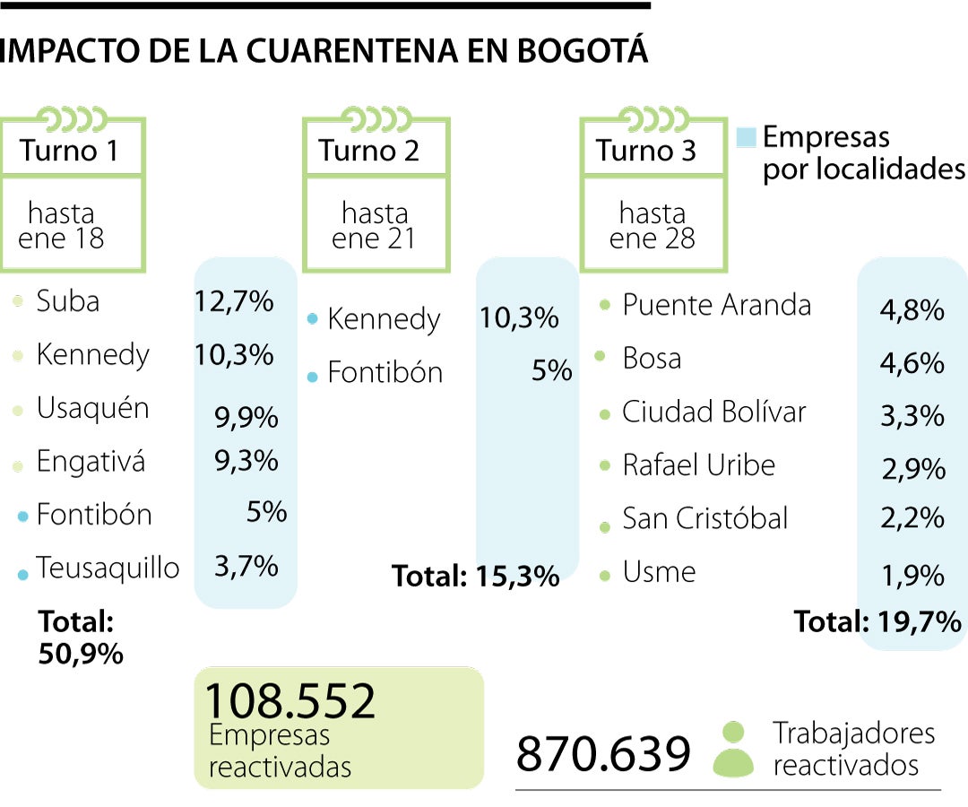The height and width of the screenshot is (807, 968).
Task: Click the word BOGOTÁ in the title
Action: [x=583, y=51]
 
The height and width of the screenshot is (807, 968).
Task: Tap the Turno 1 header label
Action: [x=69, y=150]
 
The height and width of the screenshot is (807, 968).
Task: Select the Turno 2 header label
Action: [x=369, y=150]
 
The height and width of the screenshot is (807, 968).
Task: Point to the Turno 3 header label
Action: [x=646, y=150]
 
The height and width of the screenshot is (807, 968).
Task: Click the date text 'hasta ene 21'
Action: [x=375, y=226]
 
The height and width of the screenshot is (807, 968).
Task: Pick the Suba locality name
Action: [x=68, y=301]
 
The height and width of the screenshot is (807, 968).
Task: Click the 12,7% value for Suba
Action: [x=234, y=301]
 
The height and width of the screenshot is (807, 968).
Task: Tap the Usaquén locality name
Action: [x=92, y=409]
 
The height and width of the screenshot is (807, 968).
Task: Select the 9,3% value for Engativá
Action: [x=246, y=462]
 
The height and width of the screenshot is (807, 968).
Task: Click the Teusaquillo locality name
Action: [x=108, y=568]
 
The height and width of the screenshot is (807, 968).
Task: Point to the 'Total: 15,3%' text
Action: [x=476, y=576]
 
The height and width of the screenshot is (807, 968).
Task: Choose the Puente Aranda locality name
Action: [x=716, y=305]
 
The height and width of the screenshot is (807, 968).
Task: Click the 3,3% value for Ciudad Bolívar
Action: [x=912, y=416]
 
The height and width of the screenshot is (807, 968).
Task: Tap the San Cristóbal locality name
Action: [x=705, y=518]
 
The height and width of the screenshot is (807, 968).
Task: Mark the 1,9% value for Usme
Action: [x=912, y=576]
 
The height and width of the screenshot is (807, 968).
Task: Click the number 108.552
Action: [x=290, y=700]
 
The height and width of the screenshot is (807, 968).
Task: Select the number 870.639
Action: [x=603, y=754]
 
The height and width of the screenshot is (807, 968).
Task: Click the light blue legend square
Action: [x=747, y=137]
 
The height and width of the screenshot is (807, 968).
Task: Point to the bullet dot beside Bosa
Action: [x=600, y=358]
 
